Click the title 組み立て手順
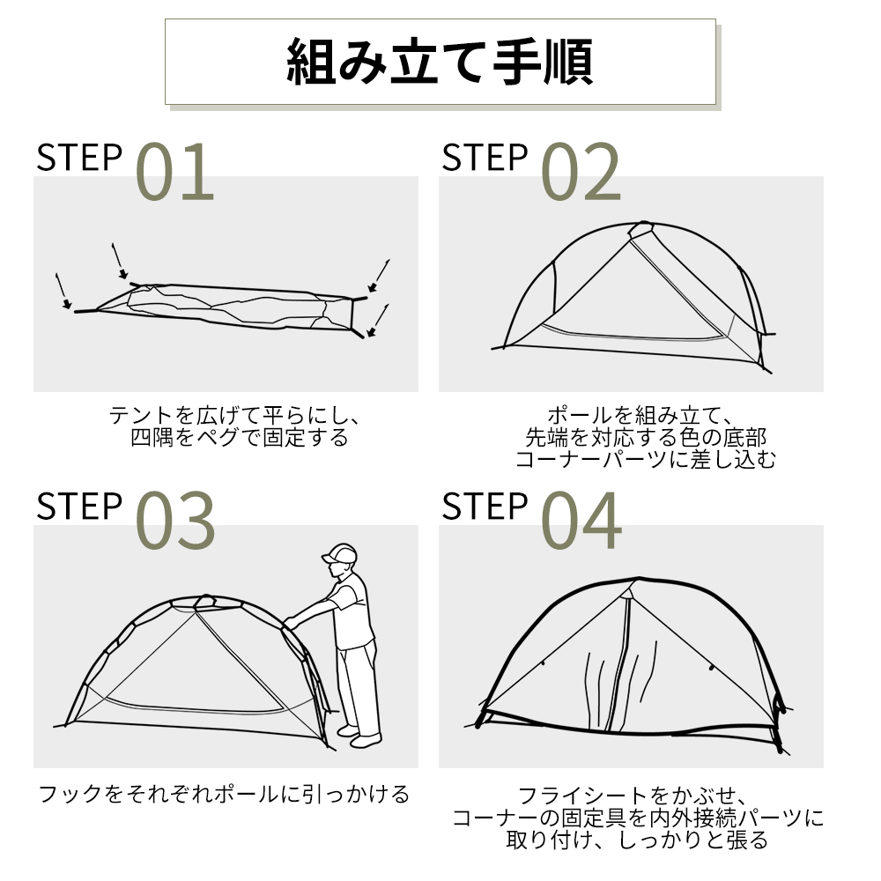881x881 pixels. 440,61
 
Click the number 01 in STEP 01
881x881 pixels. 175,172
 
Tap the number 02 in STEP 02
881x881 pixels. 581,172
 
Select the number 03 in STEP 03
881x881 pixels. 175,521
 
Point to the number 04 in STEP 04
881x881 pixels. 581,521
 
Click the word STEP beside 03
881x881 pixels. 79,507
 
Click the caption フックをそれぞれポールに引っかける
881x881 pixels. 225,795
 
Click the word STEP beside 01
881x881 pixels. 79,159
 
